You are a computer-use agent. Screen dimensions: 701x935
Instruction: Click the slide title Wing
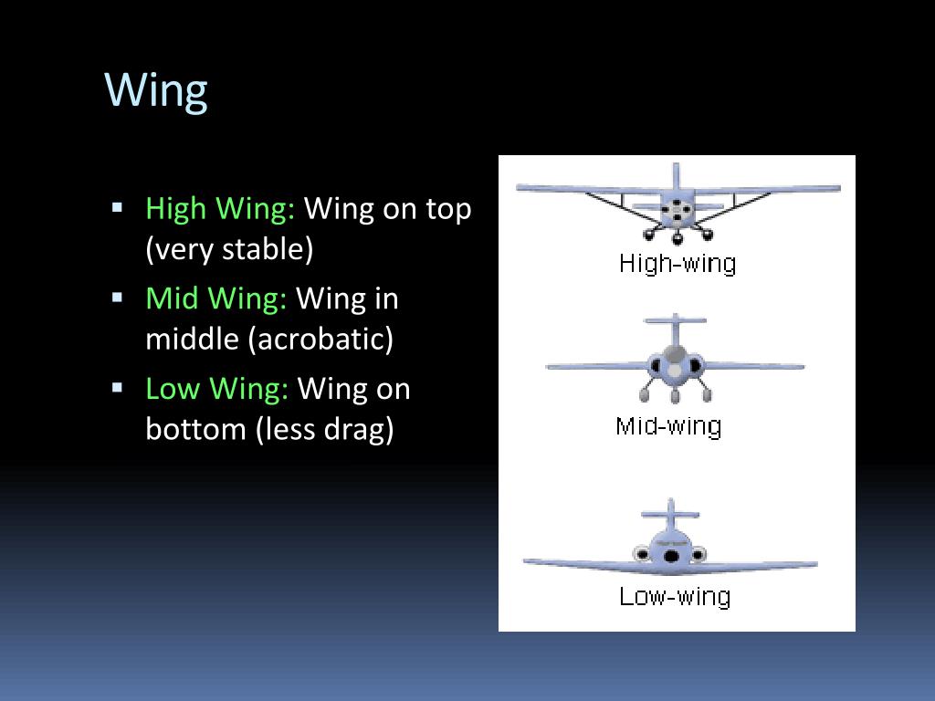tap(156, 90)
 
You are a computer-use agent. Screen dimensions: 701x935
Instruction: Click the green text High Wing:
tap(220, 209)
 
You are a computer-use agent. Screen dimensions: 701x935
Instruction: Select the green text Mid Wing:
tap(216, 298)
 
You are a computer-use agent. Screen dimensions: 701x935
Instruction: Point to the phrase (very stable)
tap(229, 249)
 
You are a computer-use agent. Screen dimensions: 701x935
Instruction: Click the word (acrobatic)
tap(320, 339)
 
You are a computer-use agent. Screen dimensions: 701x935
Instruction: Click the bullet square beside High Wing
tap(118, 207)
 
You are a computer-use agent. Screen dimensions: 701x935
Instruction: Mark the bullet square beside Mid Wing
tap(118, 297)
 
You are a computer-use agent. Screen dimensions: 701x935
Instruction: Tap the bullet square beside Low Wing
tap(118, 387)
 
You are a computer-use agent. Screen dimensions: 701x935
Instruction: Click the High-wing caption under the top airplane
tap(677, 264)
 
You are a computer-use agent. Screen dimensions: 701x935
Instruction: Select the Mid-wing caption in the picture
tap(668, 426)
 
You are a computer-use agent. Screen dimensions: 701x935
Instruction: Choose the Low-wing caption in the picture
tap(675, 597)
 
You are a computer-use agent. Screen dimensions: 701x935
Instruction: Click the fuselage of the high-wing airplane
tap(677, 211)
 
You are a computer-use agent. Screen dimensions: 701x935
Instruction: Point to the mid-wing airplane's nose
tap(675, 370)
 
